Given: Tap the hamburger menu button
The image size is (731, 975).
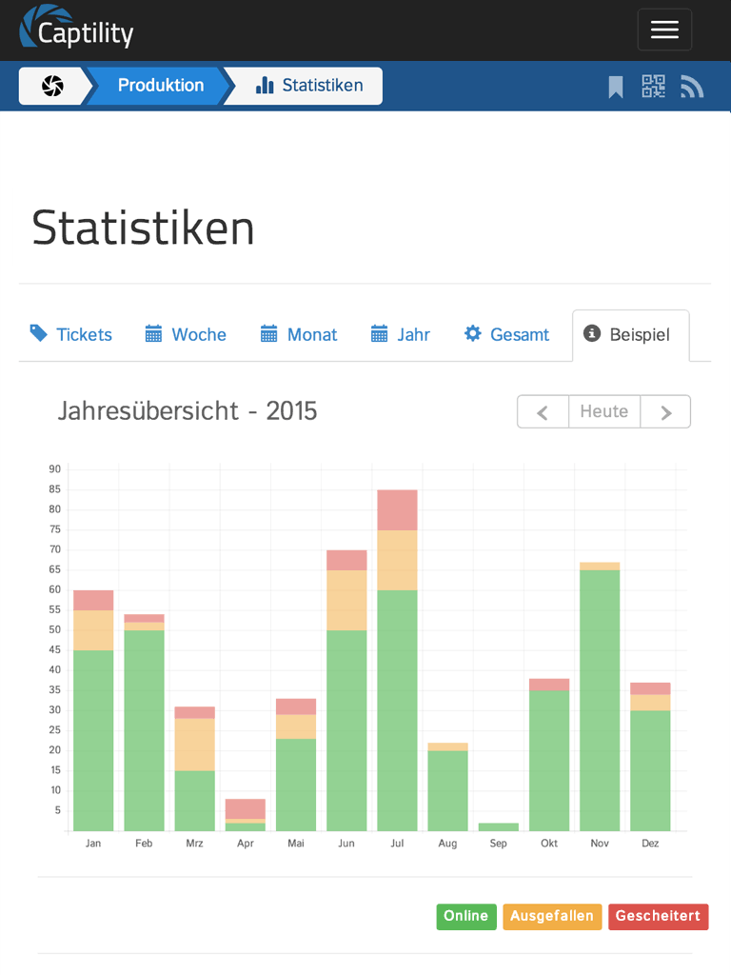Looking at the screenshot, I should tap(664, 30).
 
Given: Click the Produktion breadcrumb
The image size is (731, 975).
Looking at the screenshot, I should tap(160, 86).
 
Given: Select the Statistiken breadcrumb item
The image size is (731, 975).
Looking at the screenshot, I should tap(309, 86).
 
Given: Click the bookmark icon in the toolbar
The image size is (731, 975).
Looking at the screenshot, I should tap(616, 88).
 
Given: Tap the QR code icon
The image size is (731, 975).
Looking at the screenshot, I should tap(653, 87).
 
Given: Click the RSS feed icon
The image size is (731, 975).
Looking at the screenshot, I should tap(692, 88).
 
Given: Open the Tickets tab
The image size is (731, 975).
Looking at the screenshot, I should tap(71, 334).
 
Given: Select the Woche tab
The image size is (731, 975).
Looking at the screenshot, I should tap(186, 334).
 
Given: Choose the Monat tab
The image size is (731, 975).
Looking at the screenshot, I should tap(299, 334).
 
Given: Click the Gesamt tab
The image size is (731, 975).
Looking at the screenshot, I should tap(506, 334).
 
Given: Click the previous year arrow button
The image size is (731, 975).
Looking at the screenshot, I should tap(543, 411).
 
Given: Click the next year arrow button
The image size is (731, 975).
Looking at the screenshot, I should tap(665, 411).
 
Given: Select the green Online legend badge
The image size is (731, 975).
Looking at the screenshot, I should tap(466, 916).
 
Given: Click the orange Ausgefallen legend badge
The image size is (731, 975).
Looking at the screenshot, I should tap(552, 916).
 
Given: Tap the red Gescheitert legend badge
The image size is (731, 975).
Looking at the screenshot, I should tap(658, 916).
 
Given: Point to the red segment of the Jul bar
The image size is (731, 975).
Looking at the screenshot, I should tap(397, 509).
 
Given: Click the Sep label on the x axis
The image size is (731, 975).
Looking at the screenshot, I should tap(499, 844).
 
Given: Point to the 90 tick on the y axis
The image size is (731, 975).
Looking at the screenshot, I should tap(54, 469).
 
